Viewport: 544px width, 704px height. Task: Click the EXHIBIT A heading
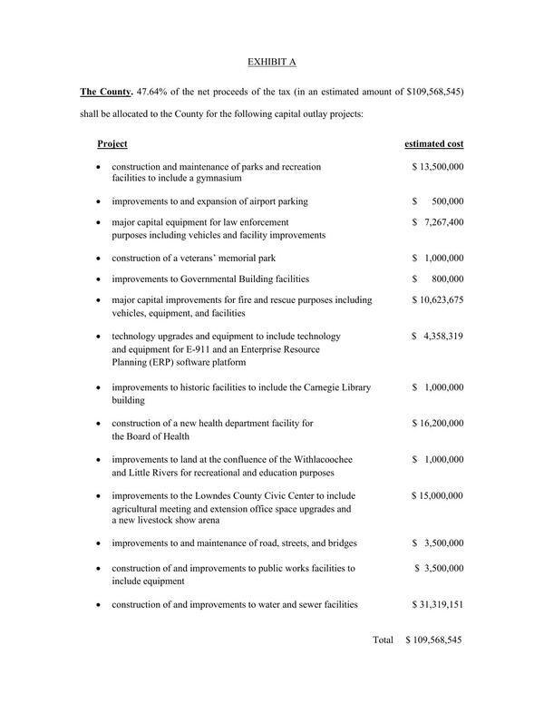click(272, 62)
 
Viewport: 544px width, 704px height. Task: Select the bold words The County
click(106, 92)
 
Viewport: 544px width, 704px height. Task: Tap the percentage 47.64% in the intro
click(152, 92)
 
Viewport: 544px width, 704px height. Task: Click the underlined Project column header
click(112, 144)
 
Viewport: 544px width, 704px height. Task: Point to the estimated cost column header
click(433, 144)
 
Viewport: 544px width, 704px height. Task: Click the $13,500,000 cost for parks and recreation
click(437, 168)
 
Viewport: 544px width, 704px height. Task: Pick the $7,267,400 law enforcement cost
click(437, 222)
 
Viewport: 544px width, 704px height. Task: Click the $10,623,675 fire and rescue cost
click(437, 300)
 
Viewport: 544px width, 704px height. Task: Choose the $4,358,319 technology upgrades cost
click(437, 337)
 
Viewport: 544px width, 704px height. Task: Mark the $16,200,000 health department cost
click(437, 424)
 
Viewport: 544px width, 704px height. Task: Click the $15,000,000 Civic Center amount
click(437, 496)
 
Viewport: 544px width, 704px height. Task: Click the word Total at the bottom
click(383, 640)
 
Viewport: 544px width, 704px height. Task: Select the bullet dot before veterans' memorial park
click(98, 259)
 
